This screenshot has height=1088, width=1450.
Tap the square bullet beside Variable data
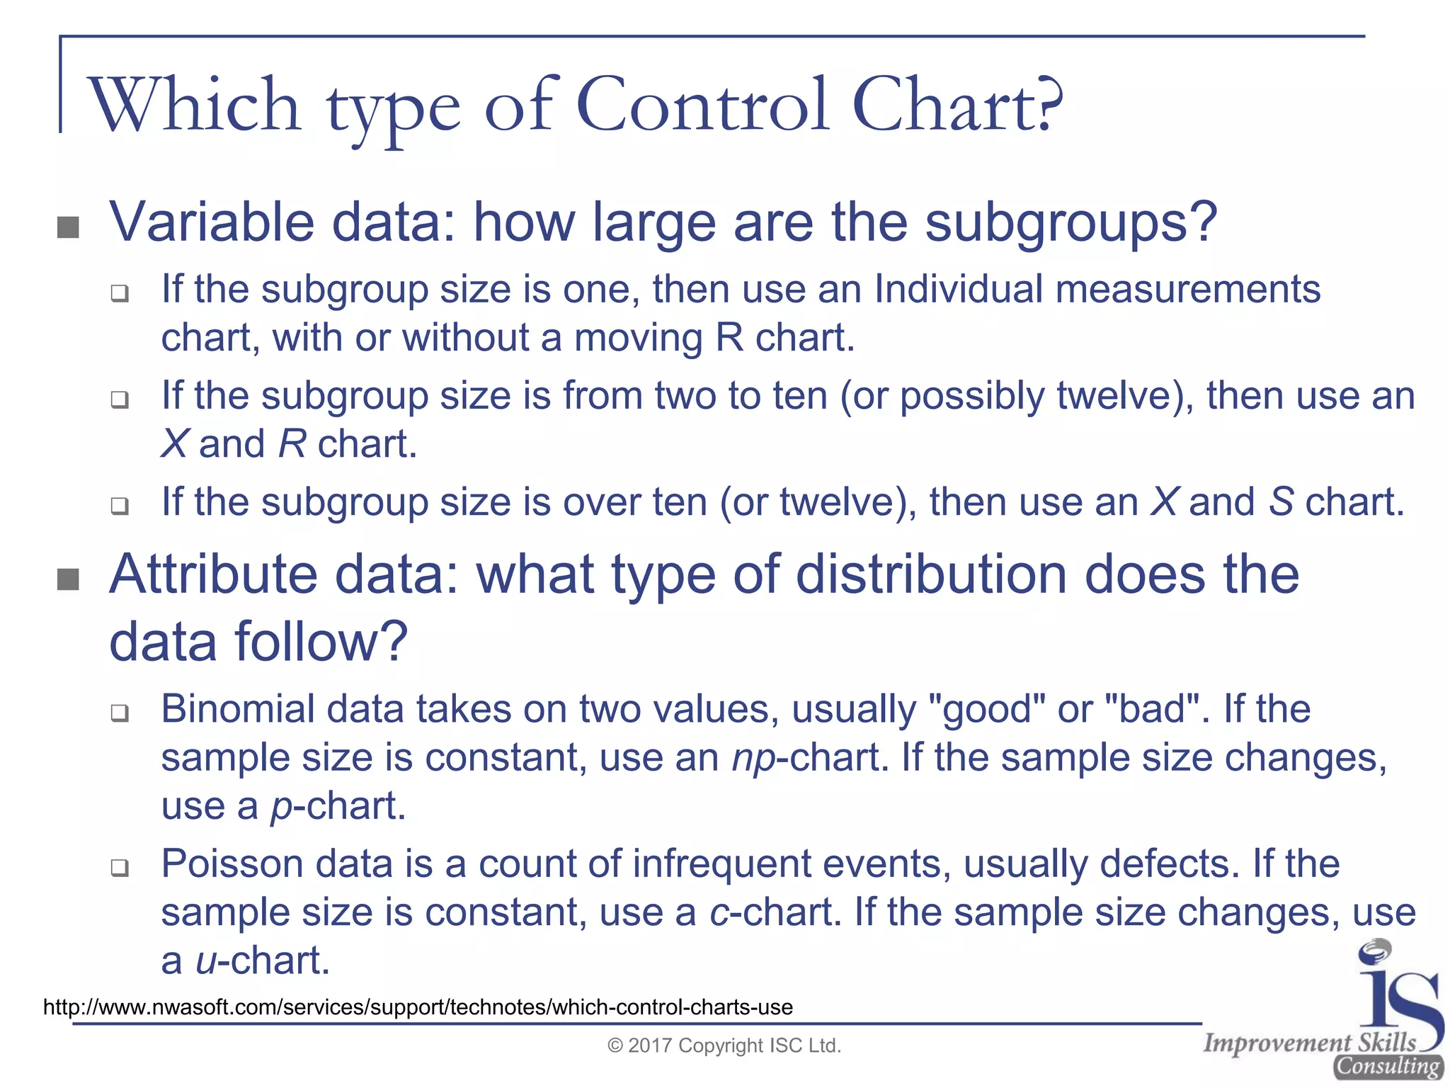click(x=68, y=227)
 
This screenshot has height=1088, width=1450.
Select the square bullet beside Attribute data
click(x=68, y=579)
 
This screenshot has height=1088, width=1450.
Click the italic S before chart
click(x=1280, y=502)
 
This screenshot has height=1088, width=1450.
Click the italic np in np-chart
click(x=753, y=760)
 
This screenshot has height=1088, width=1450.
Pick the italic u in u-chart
click(x=205, y=962)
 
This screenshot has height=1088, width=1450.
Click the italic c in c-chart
click(x=719, y=913)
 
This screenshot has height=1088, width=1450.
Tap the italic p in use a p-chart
click(x=281, y=808)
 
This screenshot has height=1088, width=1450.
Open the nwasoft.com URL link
click(x=418, y=1007)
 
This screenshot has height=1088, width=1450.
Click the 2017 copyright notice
click(x=724, y=1046)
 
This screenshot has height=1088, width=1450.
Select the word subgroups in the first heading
click(x=1062, y=224)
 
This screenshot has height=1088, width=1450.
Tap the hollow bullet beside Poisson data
click(x=120, y=868)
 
